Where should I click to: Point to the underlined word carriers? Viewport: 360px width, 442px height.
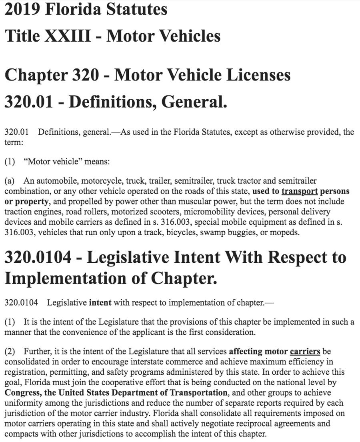(x=305, y=352)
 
